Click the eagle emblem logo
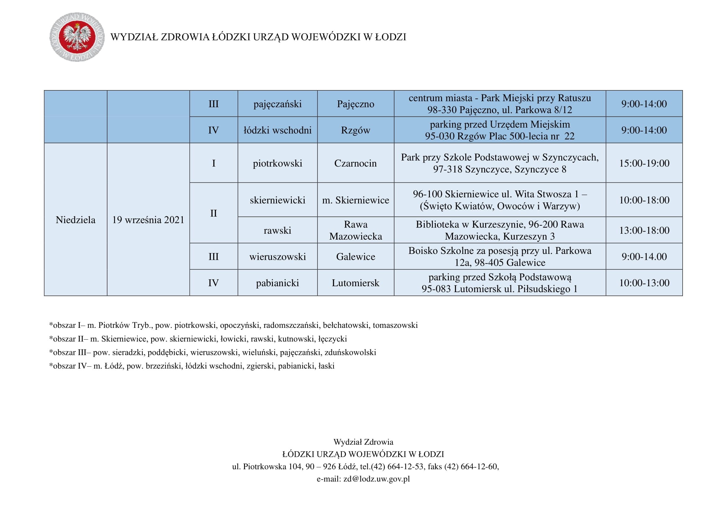77,37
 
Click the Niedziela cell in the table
75,220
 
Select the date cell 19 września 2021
148,220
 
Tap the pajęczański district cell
277,104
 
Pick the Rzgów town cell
355,130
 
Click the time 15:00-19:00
644,163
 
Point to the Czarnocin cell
355,163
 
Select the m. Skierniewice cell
355,200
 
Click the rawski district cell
277,230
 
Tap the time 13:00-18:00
644,230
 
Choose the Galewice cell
355,256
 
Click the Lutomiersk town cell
355,282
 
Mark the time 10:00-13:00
644,282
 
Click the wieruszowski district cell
277,256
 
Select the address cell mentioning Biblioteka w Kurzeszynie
500,230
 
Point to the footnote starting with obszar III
213,352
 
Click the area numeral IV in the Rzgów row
214,130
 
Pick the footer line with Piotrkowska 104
366,466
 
